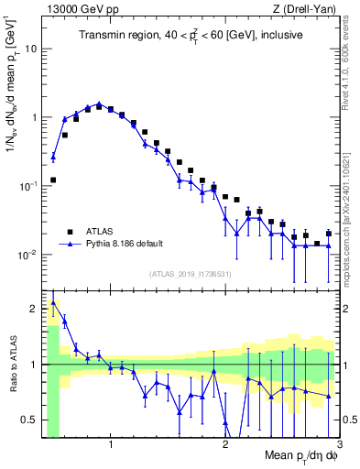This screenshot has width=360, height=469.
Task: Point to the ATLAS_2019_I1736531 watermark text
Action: pyautogui.click(x=190, y=275)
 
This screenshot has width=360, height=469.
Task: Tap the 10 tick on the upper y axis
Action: pyautogui.click(x=30, y=49)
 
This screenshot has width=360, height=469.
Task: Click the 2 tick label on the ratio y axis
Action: pyautogui.click(x=34, y=309)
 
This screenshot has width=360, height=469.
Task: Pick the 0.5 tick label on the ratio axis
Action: pyautogui.click(x=30, y=420)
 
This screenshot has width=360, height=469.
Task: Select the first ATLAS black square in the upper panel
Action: pyautogui.click(x=53, y=180)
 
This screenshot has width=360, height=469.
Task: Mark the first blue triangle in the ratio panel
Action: pyautogui.click(x=53, y=301)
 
